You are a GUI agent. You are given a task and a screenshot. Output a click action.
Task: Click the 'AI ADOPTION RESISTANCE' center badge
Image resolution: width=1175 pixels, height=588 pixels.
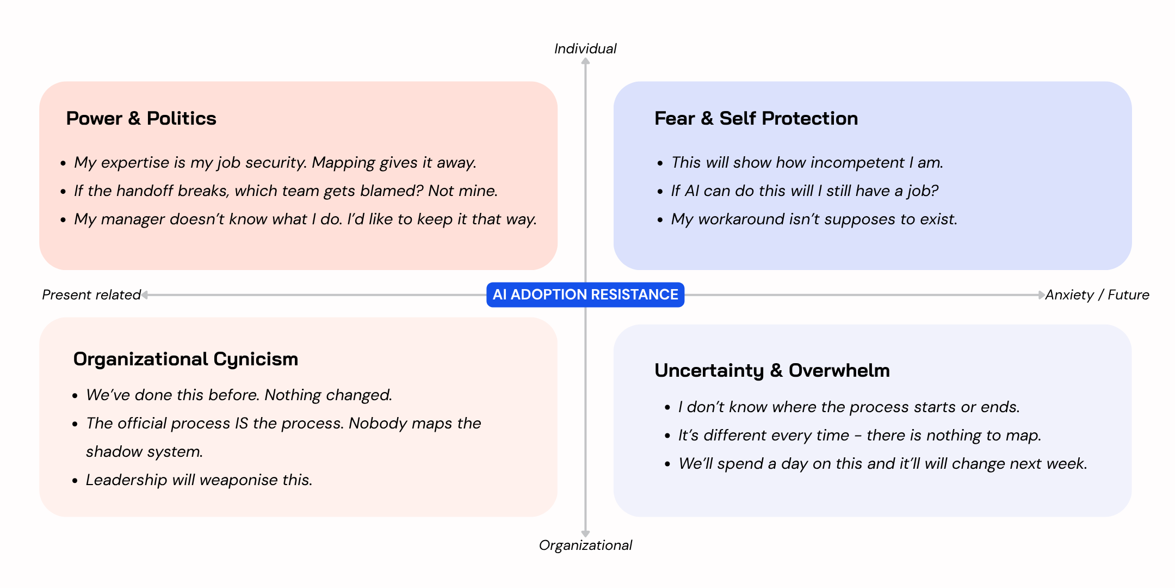(x=585, y=295)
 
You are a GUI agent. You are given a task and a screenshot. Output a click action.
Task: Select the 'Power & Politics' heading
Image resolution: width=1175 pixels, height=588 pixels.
(x=141, y=119)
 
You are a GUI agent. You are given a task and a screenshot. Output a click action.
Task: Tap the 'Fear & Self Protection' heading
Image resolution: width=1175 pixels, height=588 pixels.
(x=756, y=119)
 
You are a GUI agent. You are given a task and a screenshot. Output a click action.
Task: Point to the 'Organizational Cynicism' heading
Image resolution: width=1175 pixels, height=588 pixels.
(x=185, y=359)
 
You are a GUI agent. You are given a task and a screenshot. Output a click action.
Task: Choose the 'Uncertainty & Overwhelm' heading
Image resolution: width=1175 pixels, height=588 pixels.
(x=772, y=371)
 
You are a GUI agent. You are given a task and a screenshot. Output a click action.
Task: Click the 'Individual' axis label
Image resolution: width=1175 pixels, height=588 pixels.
(x=585, y=49)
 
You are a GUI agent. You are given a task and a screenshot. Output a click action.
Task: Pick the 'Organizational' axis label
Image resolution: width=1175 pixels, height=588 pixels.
(x=585, y=546)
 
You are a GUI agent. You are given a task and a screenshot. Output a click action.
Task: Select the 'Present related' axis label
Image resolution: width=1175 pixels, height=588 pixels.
(x=91, y=295)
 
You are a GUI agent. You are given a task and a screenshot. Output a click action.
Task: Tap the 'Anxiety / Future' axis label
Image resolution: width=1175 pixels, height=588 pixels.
(x=1097, y=295)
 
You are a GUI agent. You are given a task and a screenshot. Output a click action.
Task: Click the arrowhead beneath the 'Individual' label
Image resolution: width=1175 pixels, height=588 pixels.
(x=585, y=62)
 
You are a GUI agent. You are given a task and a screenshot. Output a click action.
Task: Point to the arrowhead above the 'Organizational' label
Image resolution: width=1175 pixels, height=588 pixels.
(x=585, y=534)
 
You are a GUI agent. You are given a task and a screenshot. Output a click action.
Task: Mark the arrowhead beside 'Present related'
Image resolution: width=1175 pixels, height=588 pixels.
(x=145, y=295)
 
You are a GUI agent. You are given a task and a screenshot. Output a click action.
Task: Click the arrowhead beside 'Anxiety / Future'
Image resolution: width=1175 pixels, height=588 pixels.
(x=1041, y=295)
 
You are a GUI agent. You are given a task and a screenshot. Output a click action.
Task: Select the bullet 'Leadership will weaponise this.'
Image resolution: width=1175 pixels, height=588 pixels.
(x=199, y=480)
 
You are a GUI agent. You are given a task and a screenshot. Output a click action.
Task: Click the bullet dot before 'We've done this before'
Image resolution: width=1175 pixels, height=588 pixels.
(x=75, y=396)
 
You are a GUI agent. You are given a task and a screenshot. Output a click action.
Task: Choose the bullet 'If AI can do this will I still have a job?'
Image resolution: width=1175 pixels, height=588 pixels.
(x=805, y=191)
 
